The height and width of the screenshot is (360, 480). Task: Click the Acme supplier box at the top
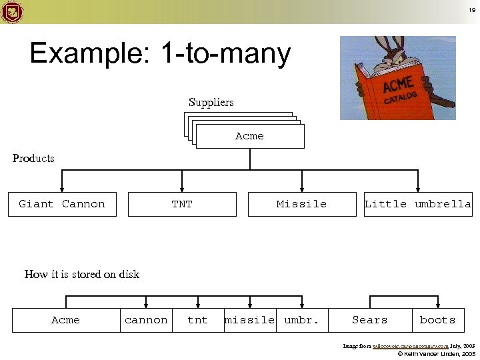[x=250, y=136]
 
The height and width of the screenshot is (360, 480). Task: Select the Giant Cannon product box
[x=62, y=204]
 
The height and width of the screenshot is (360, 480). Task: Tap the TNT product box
[x=182, y=204]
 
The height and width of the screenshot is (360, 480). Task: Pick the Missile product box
[x=302, y=204]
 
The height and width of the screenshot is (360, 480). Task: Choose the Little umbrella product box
[x=417, y=204]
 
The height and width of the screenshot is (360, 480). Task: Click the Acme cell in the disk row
[x=65, y=320]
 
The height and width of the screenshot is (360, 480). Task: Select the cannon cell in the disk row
[x=146, y=320]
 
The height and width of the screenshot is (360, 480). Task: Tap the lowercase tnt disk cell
[x=197, y=320]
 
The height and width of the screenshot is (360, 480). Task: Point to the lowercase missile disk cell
[x=250, y=320]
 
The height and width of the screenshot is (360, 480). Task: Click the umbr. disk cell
[x=302, y=320]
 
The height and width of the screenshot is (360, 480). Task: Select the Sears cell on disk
[x=370, y=320]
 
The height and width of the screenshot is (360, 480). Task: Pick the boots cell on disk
[x=437, y=320]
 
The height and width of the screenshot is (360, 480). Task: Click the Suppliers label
[x=211, y=102]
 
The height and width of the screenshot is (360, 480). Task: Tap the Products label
[x=33, y=158]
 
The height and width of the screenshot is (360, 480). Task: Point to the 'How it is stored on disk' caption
[x=82, y=274]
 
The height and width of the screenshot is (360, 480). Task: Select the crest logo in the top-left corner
[x=13, y=11]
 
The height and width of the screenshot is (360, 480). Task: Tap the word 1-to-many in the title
[x=226, y=54]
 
